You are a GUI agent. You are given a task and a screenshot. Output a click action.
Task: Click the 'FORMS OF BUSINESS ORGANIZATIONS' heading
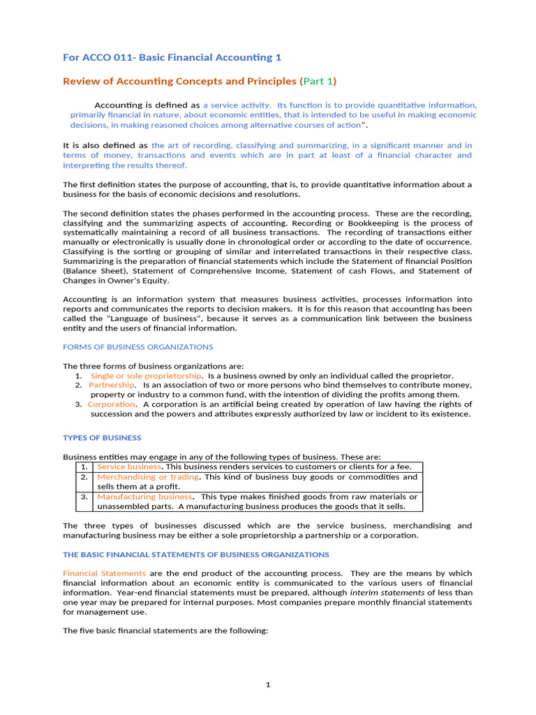point(138,347)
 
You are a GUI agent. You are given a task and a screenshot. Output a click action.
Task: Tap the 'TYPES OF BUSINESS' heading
point(102,438)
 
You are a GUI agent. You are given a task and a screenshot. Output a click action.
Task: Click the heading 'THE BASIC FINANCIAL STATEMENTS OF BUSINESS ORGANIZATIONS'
point(196,554)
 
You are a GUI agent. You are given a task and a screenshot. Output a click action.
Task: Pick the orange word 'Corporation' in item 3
point(111,404)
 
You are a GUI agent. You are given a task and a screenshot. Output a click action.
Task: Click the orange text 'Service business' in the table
point(128,466)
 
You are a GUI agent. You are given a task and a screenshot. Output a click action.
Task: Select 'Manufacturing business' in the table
point(144,496)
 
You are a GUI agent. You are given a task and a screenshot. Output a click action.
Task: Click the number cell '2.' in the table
point(83,477)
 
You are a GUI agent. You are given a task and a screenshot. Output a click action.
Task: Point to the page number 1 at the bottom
point(267,685)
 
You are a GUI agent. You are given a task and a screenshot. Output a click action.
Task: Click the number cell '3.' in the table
point(83,496)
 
